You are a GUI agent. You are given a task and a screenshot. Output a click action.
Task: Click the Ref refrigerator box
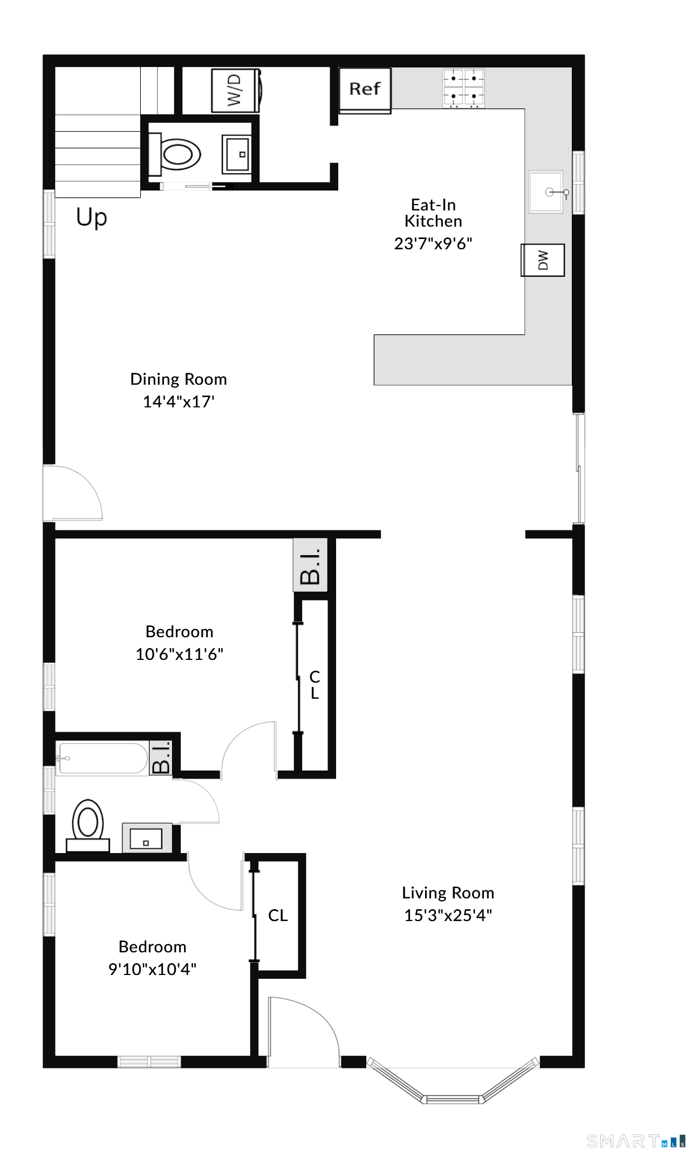coord(365,90)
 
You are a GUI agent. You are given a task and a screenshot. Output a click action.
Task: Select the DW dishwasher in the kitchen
coord(543,260)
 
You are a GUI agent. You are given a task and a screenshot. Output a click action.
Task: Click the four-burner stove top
coord(463,88)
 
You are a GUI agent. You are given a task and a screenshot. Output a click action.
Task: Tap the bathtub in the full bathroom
coord(102,758)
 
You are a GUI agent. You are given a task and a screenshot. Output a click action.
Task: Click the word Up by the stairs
coord(92,217)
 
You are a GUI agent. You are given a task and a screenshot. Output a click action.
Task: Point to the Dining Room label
coord(179,379)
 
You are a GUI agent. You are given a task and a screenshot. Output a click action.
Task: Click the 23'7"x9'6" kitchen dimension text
coord(433,243)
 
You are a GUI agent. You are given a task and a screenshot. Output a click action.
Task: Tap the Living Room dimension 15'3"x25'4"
coord(448,915)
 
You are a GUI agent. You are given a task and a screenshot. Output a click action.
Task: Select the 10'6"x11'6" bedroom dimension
coord(180,654)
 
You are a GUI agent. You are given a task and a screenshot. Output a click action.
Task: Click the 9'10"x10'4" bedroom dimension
coord(153,969)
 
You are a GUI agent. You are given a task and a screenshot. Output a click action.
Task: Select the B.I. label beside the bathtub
coord(161,758)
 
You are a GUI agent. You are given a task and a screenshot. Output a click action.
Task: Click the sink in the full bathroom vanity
coord(146,838)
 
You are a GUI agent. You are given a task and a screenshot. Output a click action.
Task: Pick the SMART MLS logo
coord(636,1141)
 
